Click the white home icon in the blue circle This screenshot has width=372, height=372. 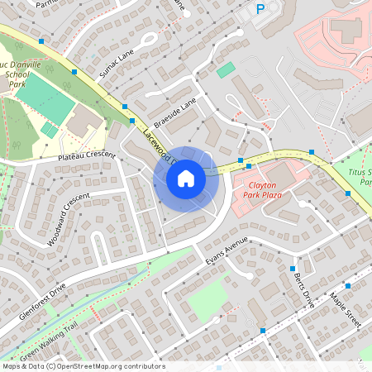click(186, 179)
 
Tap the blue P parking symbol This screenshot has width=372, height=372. click(260, 9)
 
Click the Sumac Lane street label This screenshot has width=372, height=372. click(116, 64)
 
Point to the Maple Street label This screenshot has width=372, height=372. click(346, 309)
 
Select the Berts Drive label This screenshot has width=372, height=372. click(304, 288)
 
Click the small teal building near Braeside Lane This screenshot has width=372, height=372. click(225, 70)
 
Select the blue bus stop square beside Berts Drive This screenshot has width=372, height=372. click(293, 269)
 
